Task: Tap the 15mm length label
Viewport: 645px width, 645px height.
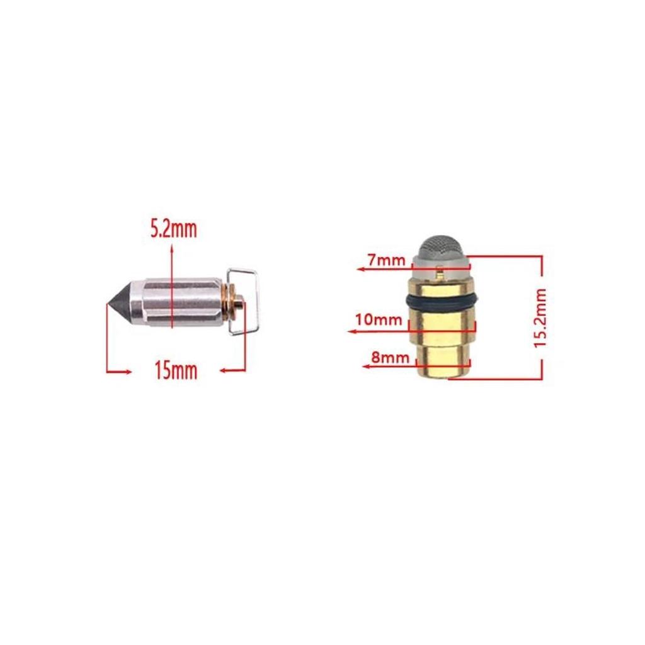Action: point(176,371)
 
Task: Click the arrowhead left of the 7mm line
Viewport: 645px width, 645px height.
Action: point(360,269)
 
